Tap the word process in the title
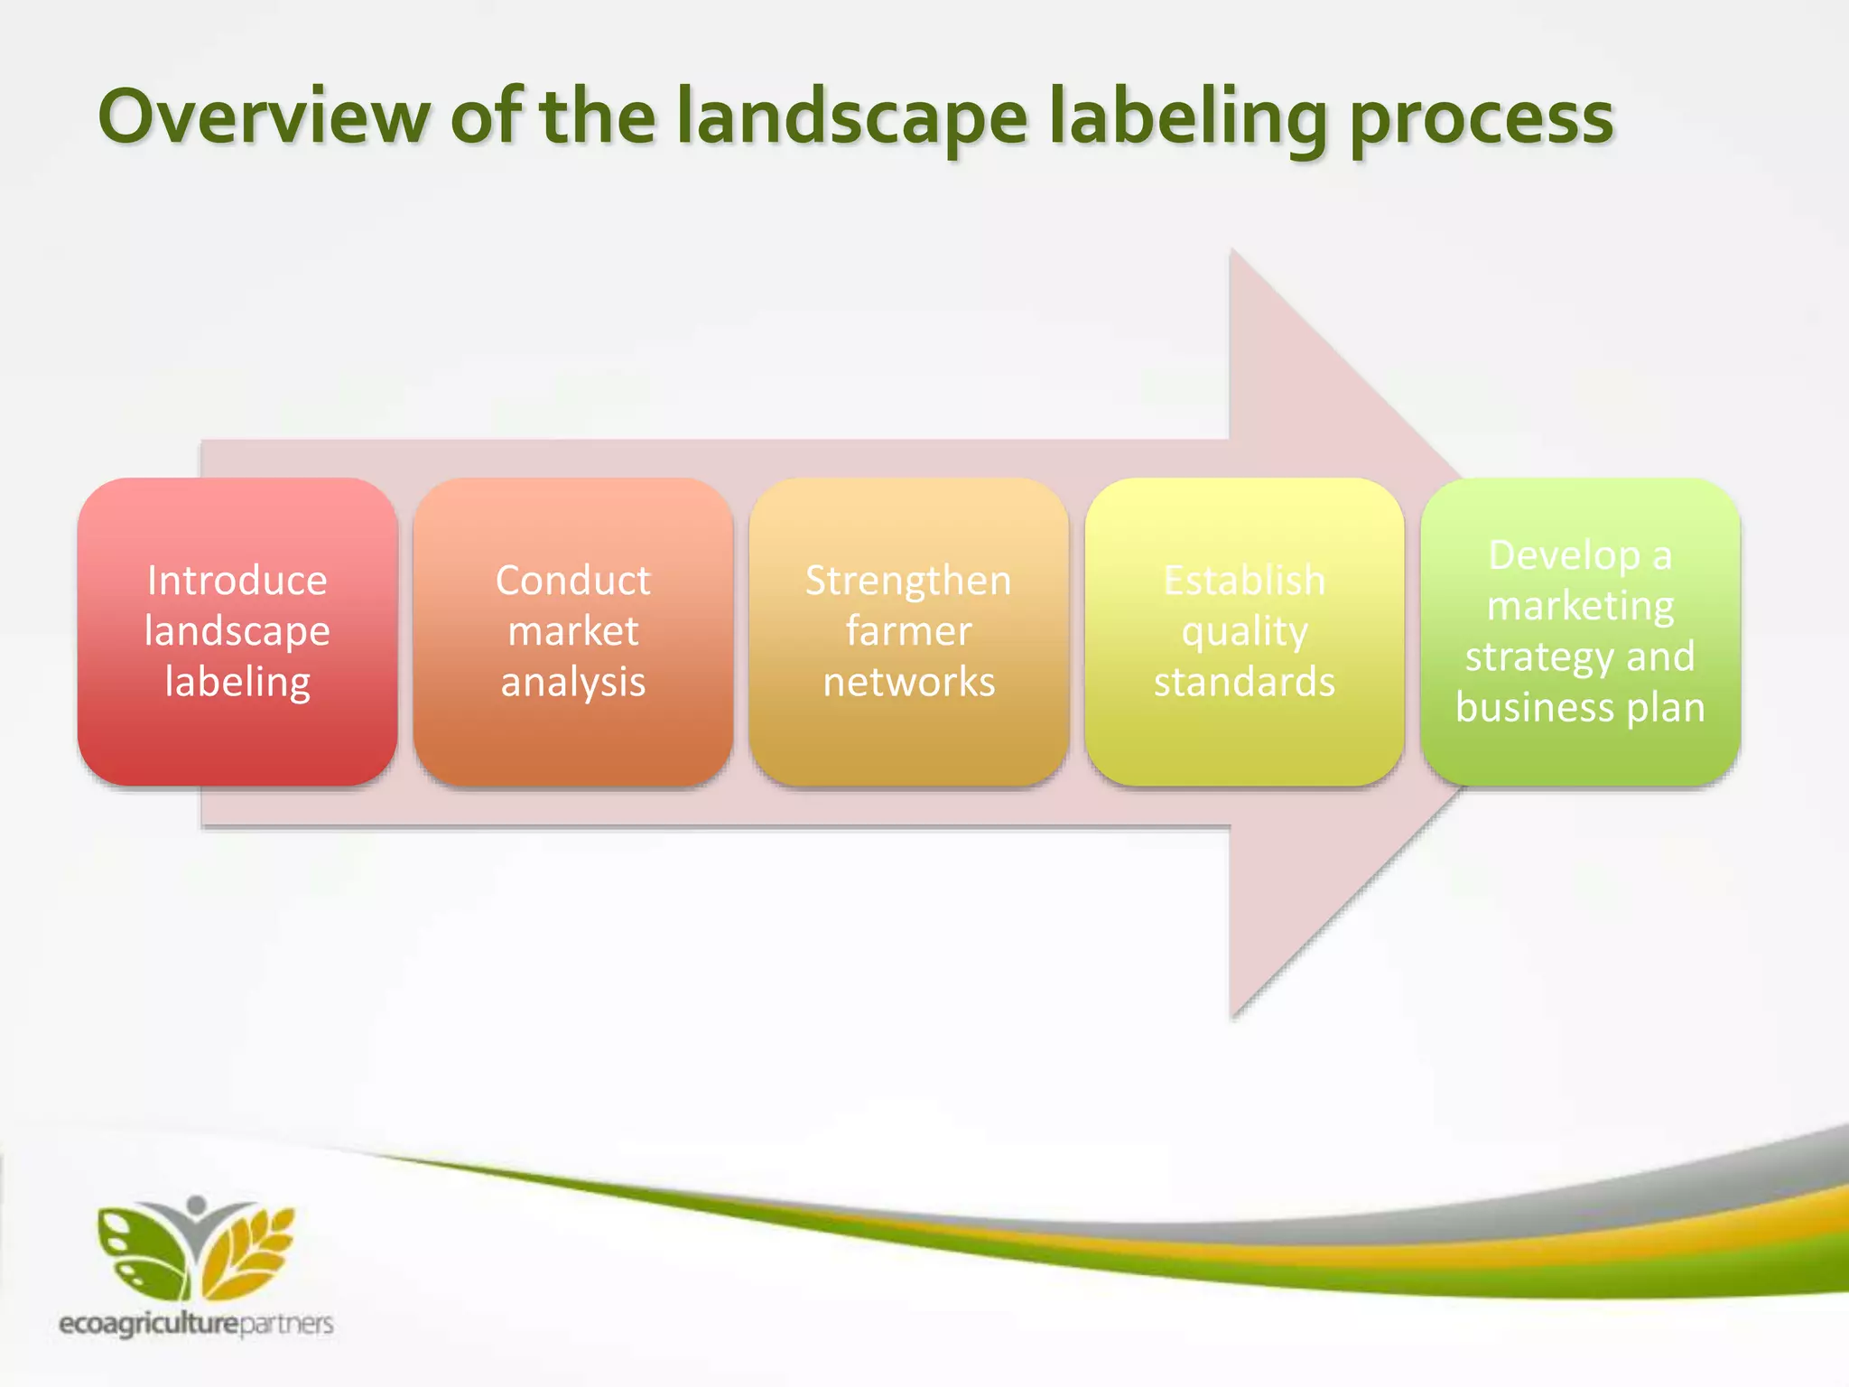[x=1481, y=119]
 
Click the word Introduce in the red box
[x=237, y=581]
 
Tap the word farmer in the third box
[x=909, y=631]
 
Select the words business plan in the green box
[x=1580, y=707]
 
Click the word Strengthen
[x=909, y=581]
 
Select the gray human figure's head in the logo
[x=197, y=1205]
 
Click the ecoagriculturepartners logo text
[x=196, y=1324]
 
